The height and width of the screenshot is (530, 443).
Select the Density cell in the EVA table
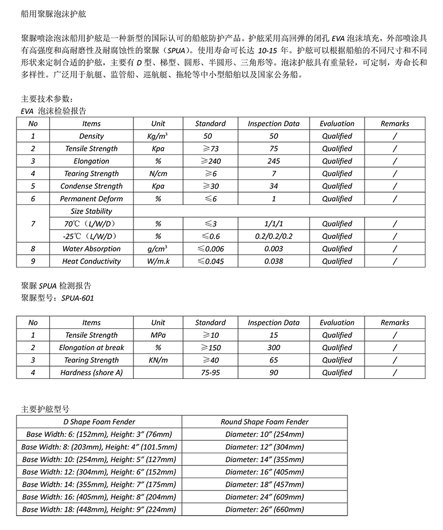pyautogui.click(x=91, y=136)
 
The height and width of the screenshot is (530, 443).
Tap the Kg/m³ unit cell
pyautogui.click(x=158, y=136)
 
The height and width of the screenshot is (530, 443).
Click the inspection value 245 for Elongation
pyautogui.click(x=273, y=161)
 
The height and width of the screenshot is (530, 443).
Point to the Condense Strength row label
pyautogui.click(x=91, y=186)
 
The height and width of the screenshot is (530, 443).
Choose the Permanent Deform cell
pyautogui.click(x=91, y=199)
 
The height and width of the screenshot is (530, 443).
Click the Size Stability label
pyautogui.click(x=91, y=211)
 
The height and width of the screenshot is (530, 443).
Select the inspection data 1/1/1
pyautogui.click(x=273, y=224)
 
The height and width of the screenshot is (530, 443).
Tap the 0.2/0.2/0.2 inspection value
pyautogui.click(x=273, y=236)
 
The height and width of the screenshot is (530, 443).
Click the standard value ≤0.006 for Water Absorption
pyautogui.click(x=210, y=249)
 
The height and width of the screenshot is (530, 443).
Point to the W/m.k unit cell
pyautogui.click(x=158, y=262)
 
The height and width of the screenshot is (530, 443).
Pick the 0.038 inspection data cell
pyautogui.click(x=273, y=262)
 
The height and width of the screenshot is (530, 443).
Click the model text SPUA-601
pyautogui.click(x=77, y=298)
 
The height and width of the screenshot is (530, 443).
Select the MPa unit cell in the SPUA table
pyautogui.click(x=158, y=335)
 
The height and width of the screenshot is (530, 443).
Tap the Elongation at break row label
pyautogui.click(x=91, y=347)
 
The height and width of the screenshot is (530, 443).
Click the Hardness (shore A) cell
pyautogui.click(x=91, y=373)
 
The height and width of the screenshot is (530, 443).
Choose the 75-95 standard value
pyautogui.click(x=210, y=373)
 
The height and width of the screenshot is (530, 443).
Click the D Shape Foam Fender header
pyautogui.click(x=99, y=422)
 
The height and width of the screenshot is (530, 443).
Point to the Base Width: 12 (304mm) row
pyautogui.click(x=99, y=472)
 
